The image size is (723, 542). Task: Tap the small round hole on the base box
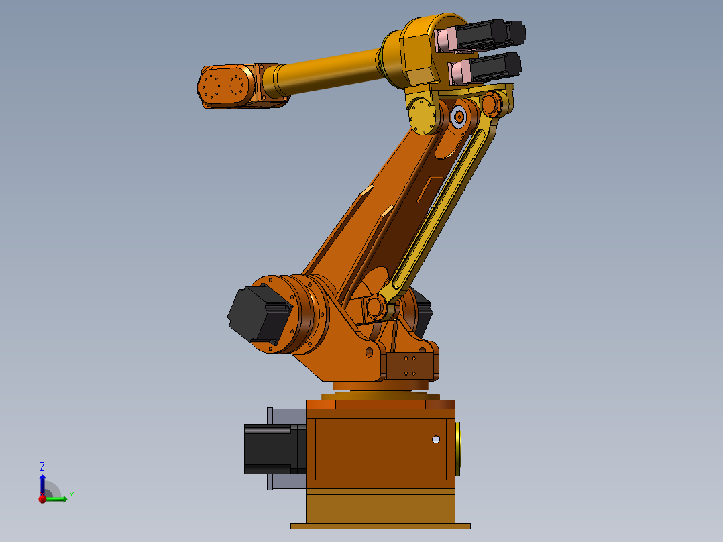[436, 439]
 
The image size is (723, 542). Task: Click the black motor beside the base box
[268, 449]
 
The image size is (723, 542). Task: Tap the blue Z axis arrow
[42, 482]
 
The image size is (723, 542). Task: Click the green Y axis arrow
[57, 498]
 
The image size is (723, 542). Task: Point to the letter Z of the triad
[42, 466]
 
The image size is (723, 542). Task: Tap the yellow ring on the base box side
[459, 448]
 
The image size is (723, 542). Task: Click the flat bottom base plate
[380, 526]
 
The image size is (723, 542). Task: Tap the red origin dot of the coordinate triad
[42, 499]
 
